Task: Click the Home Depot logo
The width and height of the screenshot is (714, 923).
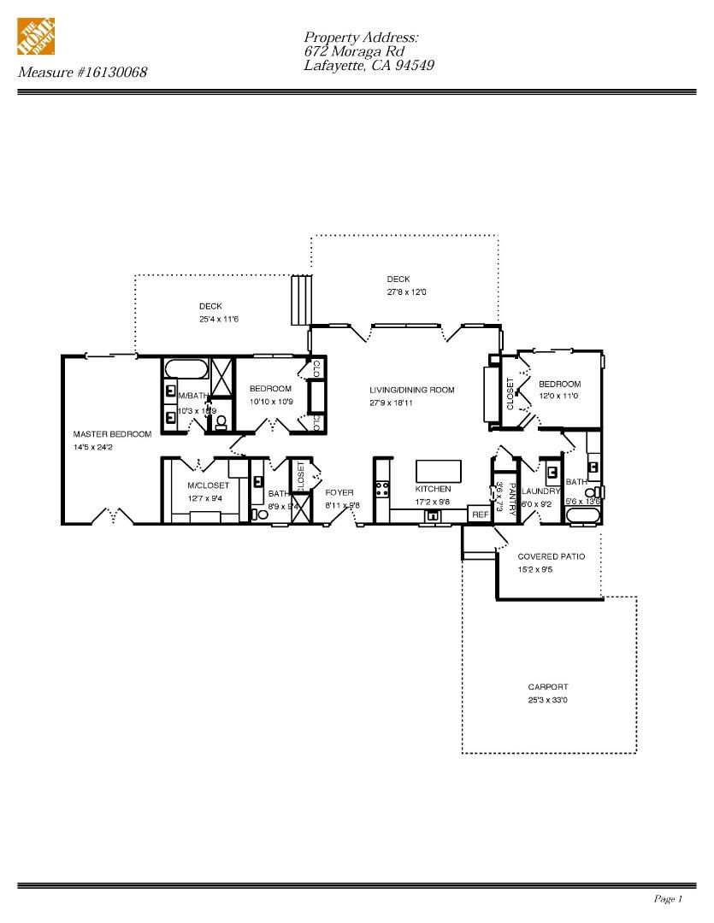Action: [37, 39]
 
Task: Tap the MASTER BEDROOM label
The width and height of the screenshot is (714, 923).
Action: [112, 434]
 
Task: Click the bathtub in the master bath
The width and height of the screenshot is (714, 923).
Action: [186, 370]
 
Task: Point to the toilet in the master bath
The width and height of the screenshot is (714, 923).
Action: [221, 420]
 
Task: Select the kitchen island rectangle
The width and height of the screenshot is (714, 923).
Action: [438, 472]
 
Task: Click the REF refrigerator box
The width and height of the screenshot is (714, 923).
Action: [480, 514]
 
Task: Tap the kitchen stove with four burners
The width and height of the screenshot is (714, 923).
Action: [381, 490]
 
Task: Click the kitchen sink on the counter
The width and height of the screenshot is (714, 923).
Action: [434, 515]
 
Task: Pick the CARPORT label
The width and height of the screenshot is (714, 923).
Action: [547, 687]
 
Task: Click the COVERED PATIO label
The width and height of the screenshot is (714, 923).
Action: [551, 556]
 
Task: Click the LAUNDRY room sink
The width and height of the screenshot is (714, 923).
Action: [552, 472]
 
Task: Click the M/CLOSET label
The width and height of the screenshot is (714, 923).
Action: [208, 485]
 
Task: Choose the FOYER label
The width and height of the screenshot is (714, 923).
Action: [339, 492]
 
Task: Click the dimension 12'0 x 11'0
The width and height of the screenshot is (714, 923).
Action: [558, 396]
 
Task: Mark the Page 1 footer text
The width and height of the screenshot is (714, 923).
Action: [668, 898]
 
